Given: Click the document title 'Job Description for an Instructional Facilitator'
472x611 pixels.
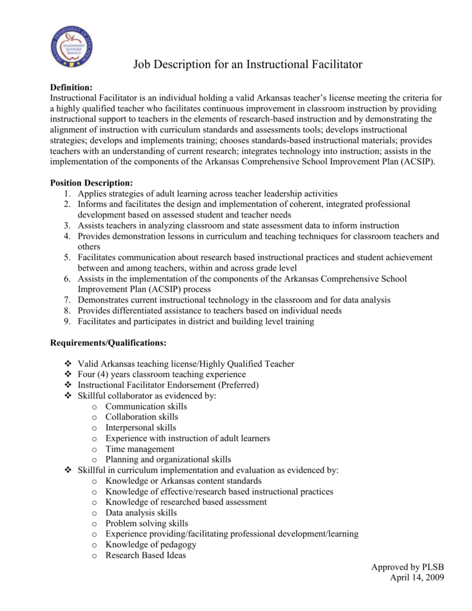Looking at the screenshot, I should point(247,64).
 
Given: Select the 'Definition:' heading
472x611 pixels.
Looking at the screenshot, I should point(71,88).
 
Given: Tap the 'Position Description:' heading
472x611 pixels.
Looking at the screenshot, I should point(91,183).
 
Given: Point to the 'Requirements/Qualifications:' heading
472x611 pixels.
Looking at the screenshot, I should point(108,343).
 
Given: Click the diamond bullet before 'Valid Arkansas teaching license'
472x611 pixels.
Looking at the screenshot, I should point(67,364).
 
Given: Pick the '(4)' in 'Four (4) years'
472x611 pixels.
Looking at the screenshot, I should point(107,375).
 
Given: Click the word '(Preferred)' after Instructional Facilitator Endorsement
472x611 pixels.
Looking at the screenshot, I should point(235,385).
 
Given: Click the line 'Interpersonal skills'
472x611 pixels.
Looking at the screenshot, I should point(140,428).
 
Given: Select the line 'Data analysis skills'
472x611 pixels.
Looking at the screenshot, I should point(141,513).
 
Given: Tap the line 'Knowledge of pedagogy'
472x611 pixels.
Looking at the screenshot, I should point(150,545).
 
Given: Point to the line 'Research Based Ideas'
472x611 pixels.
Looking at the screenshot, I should point(146,556).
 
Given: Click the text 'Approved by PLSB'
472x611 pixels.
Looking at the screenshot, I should point(408,567).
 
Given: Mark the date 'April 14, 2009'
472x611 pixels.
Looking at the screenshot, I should point(417,578).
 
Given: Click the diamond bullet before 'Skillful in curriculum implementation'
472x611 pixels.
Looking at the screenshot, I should point(67,470).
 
